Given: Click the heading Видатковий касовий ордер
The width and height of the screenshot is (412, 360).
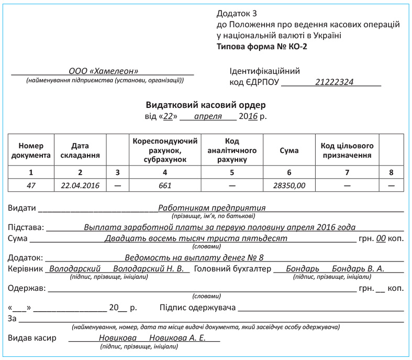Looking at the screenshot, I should tap(205, 105).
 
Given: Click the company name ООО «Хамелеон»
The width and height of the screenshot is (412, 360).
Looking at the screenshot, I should tap(103, 71).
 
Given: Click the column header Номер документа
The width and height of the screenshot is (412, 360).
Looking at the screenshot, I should tap(31, 150).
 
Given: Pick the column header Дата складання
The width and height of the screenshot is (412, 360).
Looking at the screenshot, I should tap(80, 150).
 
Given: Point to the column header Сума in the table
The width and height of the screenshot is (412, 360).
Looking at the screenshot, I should tap(289, 150).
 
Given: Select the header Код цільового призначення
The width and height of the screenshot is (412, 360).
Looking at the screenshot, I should tap(347, 150).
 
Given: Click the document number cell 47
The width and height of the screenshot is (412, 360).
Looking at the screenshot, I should tap(31, 185).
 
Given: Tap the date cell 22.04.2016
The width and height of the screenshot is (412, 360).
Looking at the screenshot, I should tap(80, 185).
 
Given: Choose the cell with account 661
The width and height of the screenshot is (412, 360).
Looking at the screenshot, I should tap(165, 185).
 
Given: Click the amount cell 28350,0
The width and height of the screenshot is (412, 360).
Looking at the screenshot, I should tap(289, 185).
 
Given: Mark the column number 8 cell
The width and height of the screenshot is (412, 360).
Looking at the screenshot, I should tap(391, 171).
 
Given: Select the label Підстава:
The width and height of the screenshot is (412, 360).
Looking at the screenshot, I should tap(26, 227).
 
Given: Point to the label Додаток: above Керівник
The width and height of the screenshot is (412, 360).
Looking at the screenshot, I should tap(27, 258).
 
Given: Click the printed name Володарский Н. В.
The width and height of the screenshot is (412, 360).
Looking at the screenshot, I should tap(148, 268).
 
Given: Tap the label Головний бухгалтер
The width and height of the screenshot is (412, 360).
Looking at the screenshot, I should tap(232, 268).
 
